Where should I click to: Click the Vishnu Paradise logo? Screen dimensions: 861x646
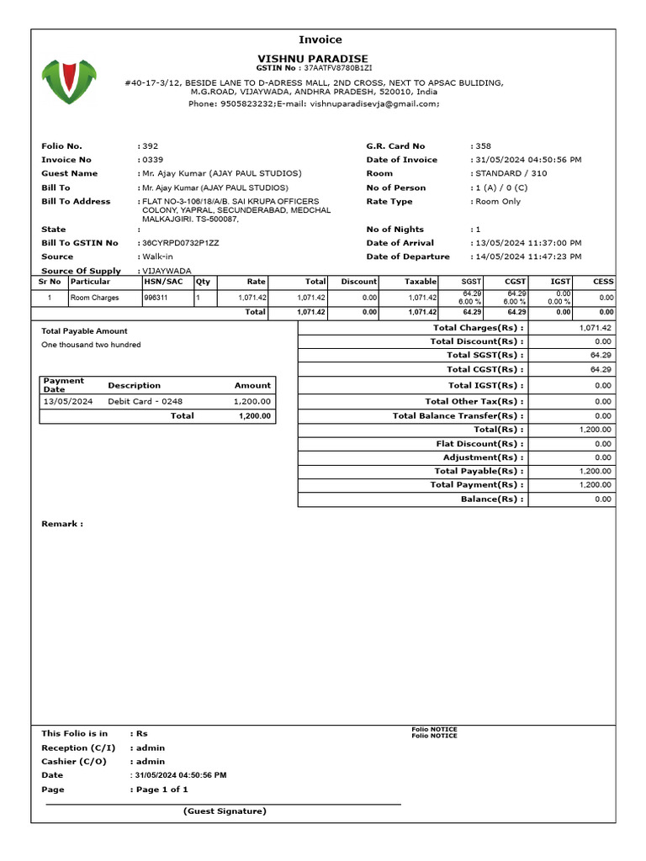click(70, 82)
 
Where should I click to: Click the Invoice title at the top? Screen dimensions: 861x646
click(320, 40)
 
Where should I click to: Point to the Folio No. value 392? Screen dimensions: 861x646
click(150, 146)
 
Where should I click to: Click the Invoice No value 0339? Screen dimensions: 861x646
click(152, 160)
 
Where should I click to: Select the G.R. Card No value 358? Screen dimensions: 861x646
click(483, 146)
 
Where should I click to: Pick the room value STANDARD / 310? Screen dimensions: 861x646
click(511, 173)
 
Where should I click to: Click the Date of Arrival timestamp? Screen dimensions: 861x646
click(528, 243)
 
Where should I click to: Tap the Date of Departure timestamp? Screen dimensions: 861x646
click(528, 256)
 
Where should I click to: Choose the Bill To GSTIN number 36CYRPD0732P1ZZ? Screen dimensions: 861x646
click(180, 243)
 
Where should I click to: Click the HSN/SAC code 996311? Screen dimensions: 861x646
click(156, 298)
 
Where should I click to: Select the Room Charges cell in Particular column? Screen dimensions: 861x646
click(94, 298)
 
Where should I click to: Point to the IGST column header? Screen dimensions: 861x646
click(560, 282)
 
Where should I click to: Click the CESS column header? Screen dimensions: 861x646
click(603, 282)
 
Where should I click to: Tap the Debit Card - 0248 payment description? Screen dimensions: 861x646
click(145, 402)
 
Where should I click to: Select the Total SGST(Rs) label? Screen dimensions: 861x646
click(484, 356)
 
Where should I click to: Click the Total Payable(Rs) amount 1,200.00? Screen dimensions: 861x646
click(595, 472)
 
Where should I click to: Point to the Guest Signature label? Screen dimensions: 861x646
click(225, 811)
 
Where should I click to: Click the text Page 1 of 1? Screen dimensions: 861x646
click(161, 790)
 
